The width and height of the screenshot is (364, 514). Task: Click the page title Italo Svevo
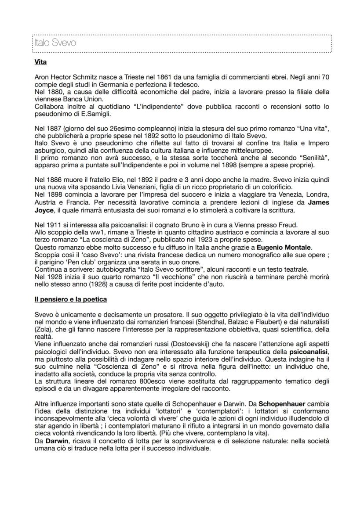[x=55, y=43]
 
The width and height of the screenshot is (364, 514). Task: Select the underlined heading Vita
[x=40, y=62]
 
